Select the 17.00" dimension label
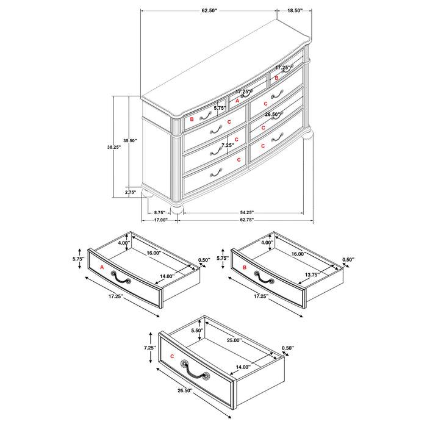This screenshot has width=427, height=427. click(160, 220)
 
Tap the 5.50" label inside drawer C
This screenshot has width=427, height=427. click(196, 330)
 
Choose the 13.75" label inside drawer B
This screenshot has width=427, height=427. click(312, 274)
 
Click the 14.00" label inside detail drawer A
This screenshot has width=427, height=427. click(167, 276)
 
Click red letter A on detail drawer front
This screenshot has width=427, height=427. click(101, 267)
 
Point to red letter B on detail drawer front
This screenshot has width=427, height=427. click(244, 267)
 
